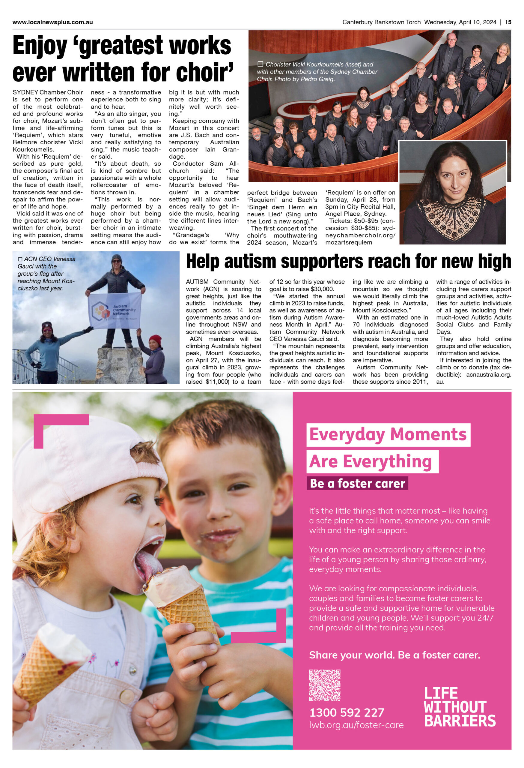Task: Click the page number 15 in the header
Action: pos(508,22)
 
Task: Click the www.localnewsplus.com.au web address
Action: pos(52,22)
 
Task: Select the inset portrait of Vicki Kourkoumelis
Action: pos(453,193)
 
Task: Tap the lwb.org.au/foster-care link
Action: pos(356,725)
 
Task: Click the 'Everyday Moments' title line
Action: pos(388,435)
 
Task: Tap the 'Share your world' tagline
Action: pos(394,655)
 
